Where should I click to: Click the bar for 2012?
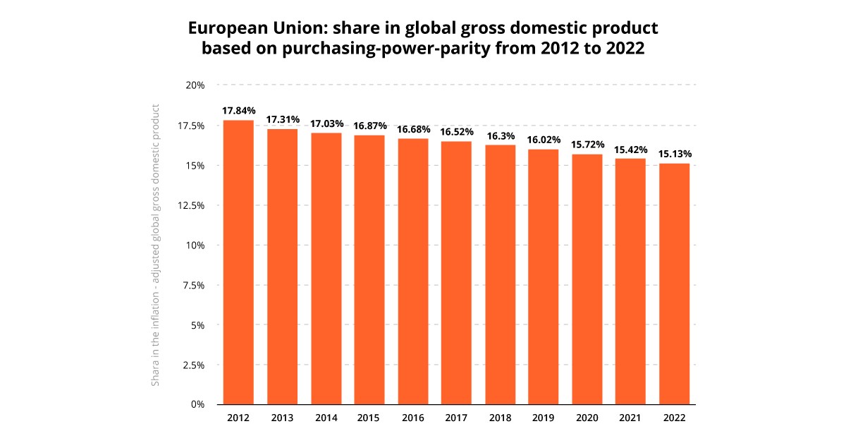238,262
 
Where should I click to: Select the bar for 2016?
412,272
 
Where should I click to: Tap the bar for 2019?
544,277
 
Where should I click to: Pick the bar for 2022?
675,284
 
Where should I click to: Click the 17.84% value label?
238,111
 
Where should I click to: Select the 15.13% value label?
675,154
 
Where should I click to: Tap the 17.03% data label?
326,123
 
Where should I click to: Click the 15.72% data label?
587,145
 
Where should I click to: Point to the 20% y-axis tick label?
195,85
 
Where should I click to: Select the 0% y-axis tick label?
197,405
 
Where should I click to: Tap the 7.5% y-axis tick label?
192,285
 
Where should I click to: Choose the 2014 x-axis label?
326,418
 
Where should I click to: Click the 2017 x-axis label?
456,418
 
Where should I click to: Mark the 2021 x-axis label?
631,418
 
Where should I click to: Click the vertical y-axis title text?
156,245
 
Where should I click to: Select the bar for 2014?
326,269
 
